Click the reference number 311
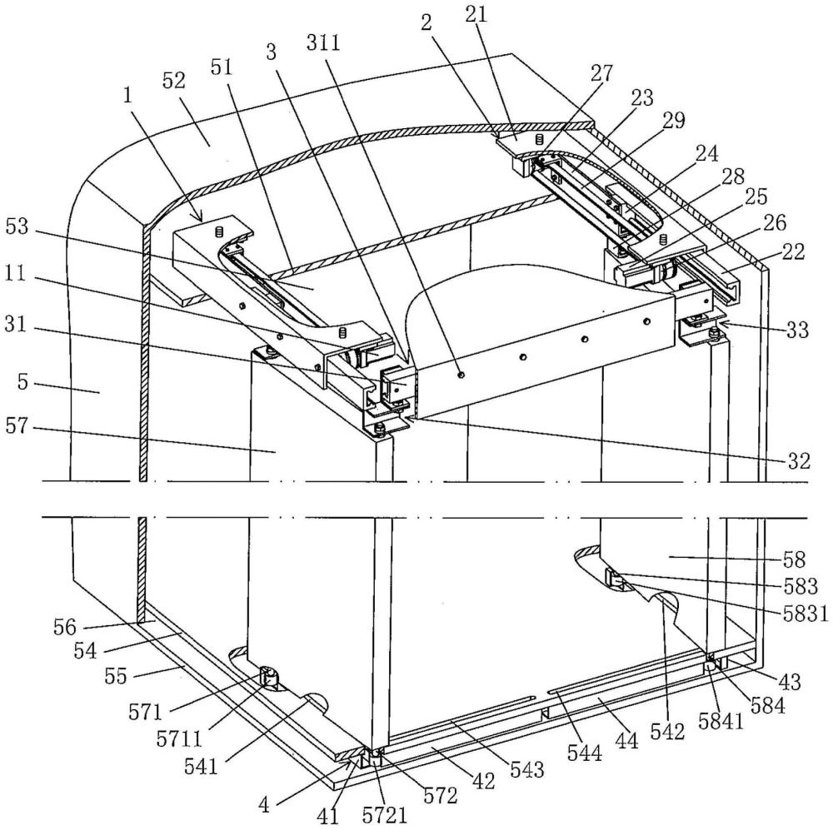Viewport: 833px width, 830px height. click(323, 42)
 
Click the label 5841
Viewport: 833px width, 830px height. click(721, 721)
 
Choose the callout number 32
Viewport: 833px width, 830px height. click(799, 461)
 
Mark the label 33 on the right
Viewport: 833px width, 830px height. click(797, 330)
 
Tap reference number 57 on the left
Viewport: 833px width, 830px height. click(16, 425)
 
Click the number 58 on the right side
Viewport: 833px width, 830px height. click(795, 559)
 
